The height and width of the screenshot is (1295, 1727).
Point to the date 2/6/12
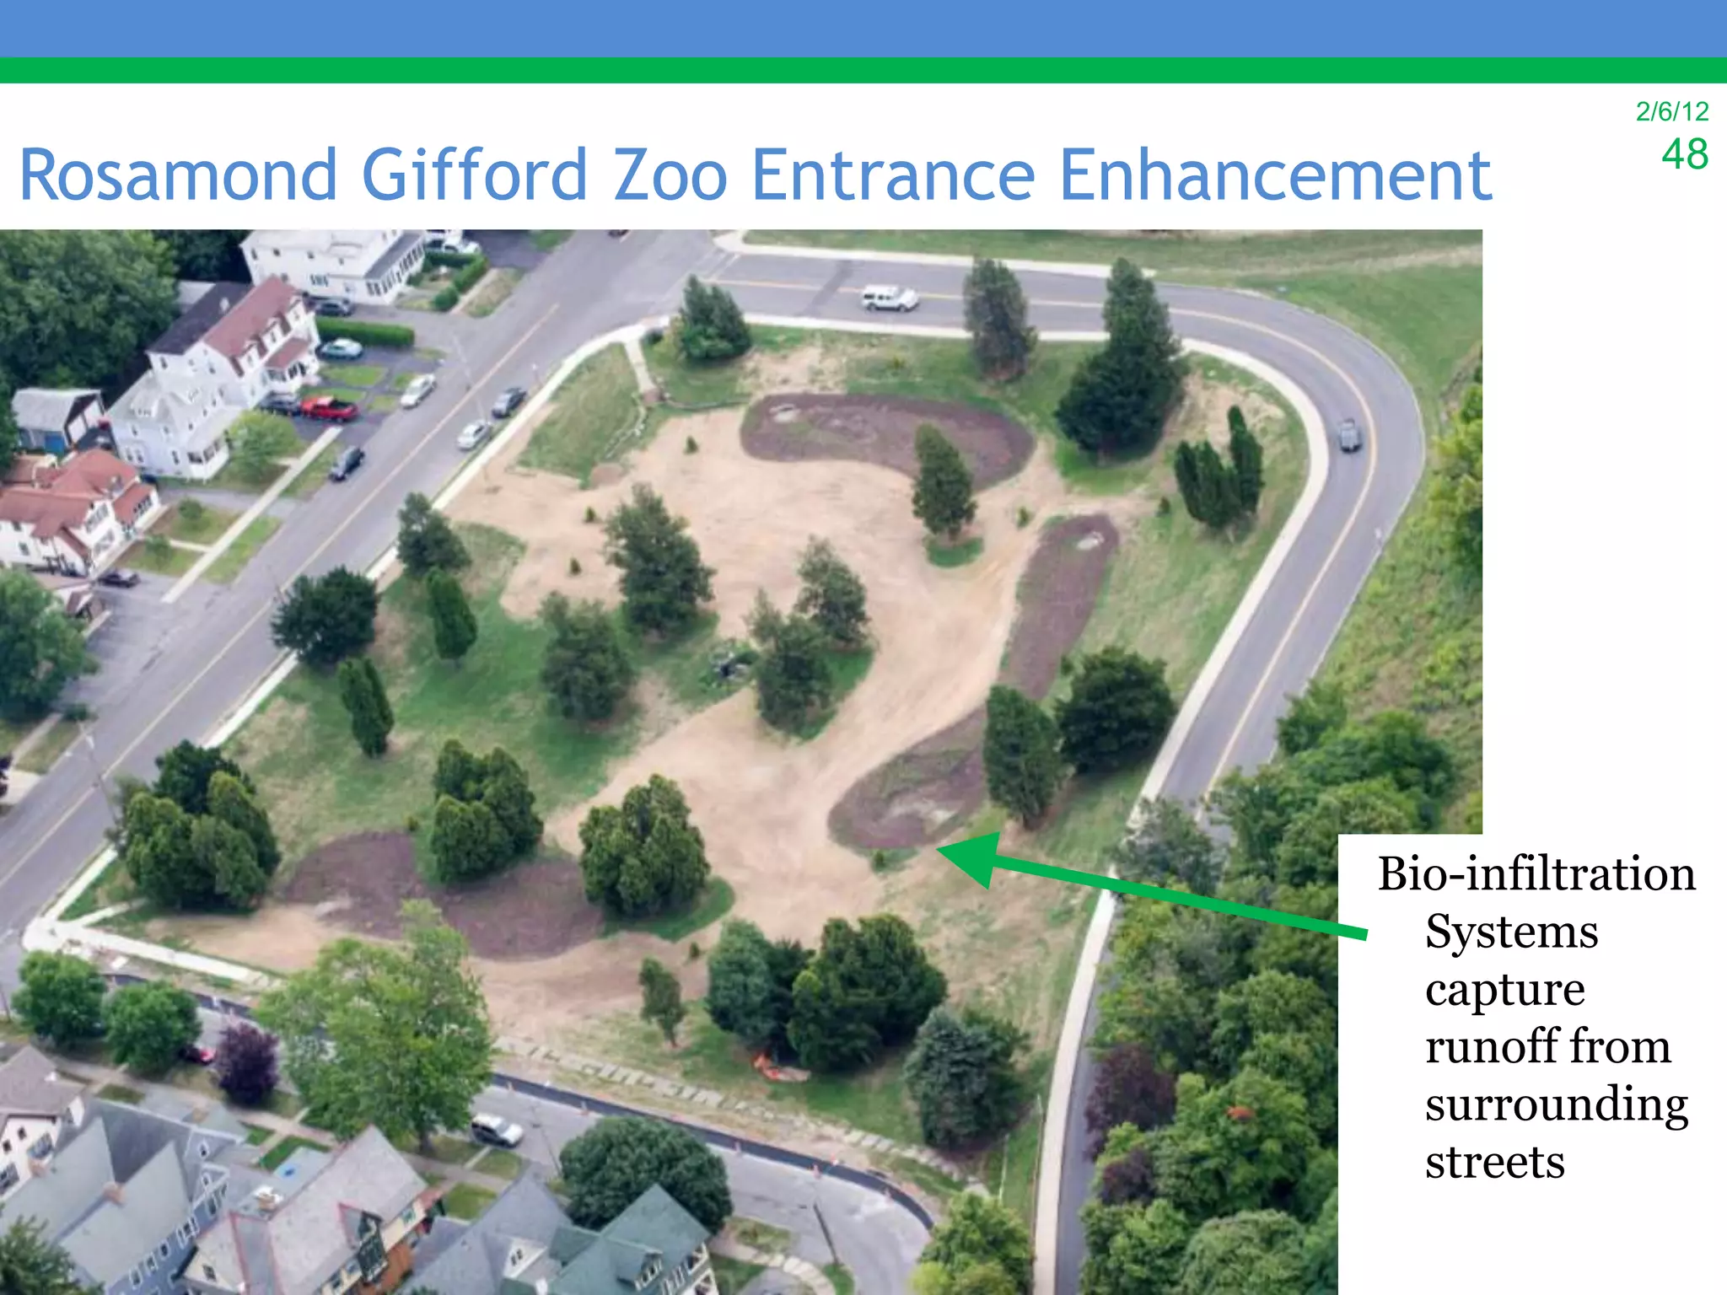(x=1671, y=111)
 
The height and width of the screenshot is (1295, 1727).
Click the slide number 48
(x=1684, y=154)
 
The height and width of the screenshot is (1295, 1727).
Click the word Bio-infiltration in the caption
(x=1536, y=873)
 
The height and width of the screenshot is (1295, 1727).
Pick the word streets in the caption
(x=1494, y=1162)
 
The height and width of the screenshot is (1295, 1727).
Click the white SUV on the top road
(x=889, y=298)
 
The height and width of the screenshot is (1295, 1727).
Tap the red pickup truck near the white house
(x=329, y=409)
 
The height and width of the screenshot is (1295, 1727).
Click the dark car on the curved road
(x=1349, y=434)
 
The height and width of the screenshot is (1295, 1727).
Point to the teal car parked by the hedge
(x=340, y=348)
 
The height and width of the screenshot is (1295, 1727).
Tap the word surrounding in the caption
(x=1556, y=1104)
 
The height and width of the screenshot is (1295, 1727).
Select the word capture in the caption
(x=1504, y=990)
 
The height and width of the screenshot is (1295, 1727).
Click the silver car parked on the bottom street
(x=497, y=1130)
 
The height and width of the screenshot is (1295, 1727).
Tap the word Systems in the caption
(x=1511, y=932)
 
